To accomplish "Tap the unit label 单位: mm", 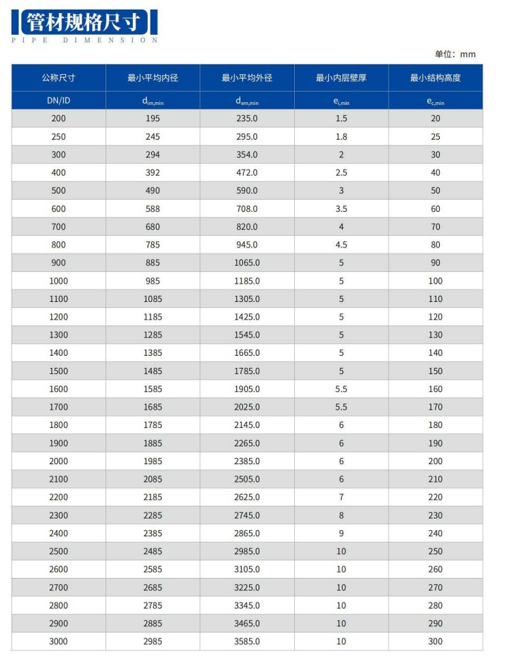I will coord(455,55).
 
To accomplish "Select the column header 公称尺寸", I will coord(59,78).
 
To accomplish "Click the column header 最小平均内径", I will coord(152,78).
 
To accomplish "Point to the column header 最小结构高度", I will coord(435,78).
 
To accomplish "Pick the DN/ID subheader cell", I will coord(59,100).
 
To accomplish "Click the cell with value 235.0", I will coord(247,119).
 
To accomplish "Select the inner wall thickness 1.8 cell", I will coord(341,136).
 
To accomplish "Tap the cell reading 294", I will coord(152,155).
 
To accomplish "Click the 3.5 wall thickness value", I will coord(341,209).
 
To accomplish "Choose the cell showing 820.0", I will coord(247,227).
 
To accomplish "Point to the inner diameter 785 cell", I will coord(152,245).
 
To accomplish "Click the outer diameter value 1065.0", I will coord(247,263).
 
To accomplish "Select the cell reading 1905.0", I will coord(247,389).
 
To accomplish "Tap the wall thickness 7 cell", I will coord(341,498).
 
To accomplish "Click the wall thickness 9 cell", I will coord(341,534).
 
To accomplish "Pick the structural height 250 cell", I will coord(435,551).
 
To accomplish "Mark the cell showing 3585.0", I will coord(247,641).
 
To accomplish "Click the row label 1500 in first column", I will coord(59,371).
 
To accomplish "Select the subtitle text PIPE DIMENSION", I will coord(85,40).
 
